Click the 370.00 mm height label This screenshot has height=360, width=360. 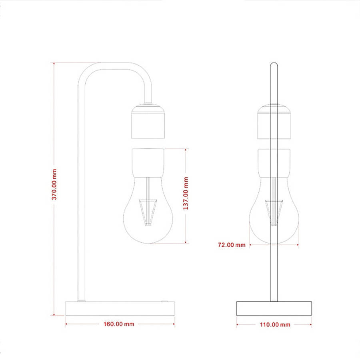click(x=54, y=184)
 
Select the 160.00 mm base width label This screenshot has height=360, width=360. click(x=119, y=324)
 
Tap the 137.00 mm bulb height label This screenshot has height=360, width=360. click(x=186, y=193)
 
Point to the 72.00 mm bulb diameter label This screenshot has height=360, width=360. click(x=232, y=245)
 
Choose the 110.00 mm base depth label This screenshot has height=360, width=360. click(x=275, y=324)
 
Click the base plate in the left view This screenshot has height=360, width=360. click(x=120, y=308)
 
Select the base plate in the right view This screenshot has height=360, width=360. click(x=274, y=308)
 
